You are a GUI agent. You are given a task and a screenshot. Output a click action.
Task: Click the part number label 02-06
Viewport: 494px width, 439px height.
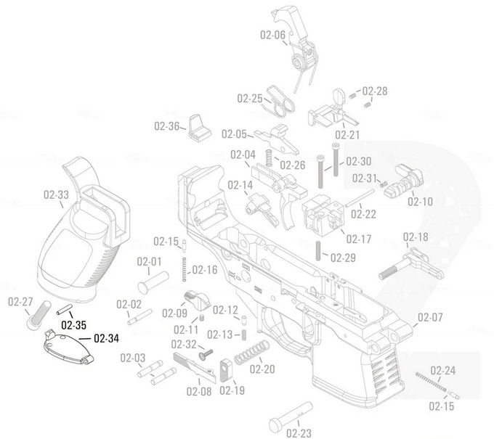(272, 34)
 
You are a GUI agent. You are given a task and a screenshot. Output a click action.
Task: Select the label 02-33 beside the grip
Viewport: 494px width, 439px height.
(57, 194)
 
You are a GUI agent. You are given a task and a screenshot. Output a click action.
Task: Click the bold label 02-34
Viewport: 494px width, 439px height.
(106, 339)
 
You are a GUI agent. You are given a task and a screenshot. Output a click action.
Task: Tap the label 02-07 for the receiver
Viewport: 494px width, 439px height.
(430, 318)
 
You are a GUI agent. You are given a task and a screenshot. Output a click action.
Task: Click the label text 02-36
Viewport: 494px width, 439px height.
(166, 126)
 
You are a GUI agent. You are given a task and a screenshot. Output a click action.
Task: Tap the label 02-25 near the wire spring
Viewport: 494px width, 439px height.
(251, 99)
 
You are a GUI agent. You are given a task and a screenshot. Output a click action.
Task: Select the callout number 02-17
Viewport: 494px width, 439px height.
(359, 239)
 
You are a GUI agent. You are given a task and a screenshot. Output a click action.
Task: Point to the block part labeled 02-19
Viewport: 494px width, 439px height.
(225, 369)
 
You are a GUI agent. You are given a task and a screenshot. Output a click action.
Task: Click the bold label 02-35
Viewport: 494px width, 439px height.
(74, 324)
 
